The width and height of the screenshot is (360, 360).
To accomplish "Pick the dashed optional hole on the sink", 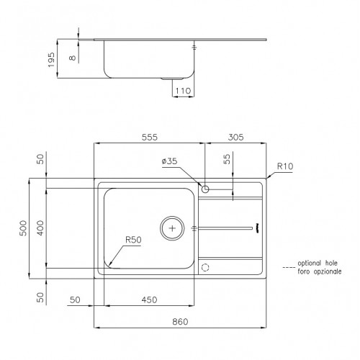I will (x=206, y=267).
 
